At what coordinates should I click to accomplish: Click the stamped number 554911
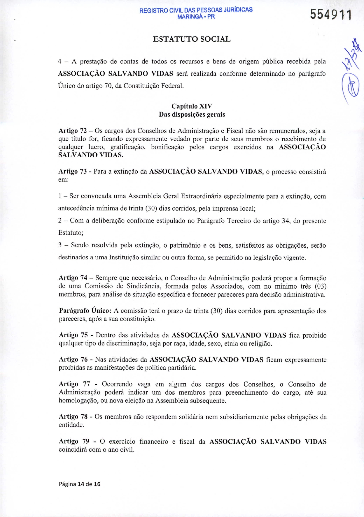coord(331,14)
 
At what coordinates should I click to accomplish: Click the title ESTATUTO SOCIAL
coord(192,39)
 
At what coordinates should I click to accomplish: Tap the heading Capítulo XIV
coord(192,106)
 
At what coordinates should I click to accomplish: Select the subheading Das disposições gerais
coord(192,114)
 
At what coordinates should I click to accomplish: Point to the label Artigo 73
coord(73,171)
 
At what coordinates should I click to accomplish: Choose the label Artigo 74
coord(73,278)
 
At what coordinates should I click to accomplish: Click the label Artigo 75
coord(73,335)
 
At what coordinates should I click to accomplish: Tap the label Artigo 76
coord(73,360)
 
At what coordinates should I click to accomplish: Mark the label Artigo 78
coord(73,417)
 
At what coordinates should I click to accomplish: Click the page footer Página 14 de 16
coord(80,484)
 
